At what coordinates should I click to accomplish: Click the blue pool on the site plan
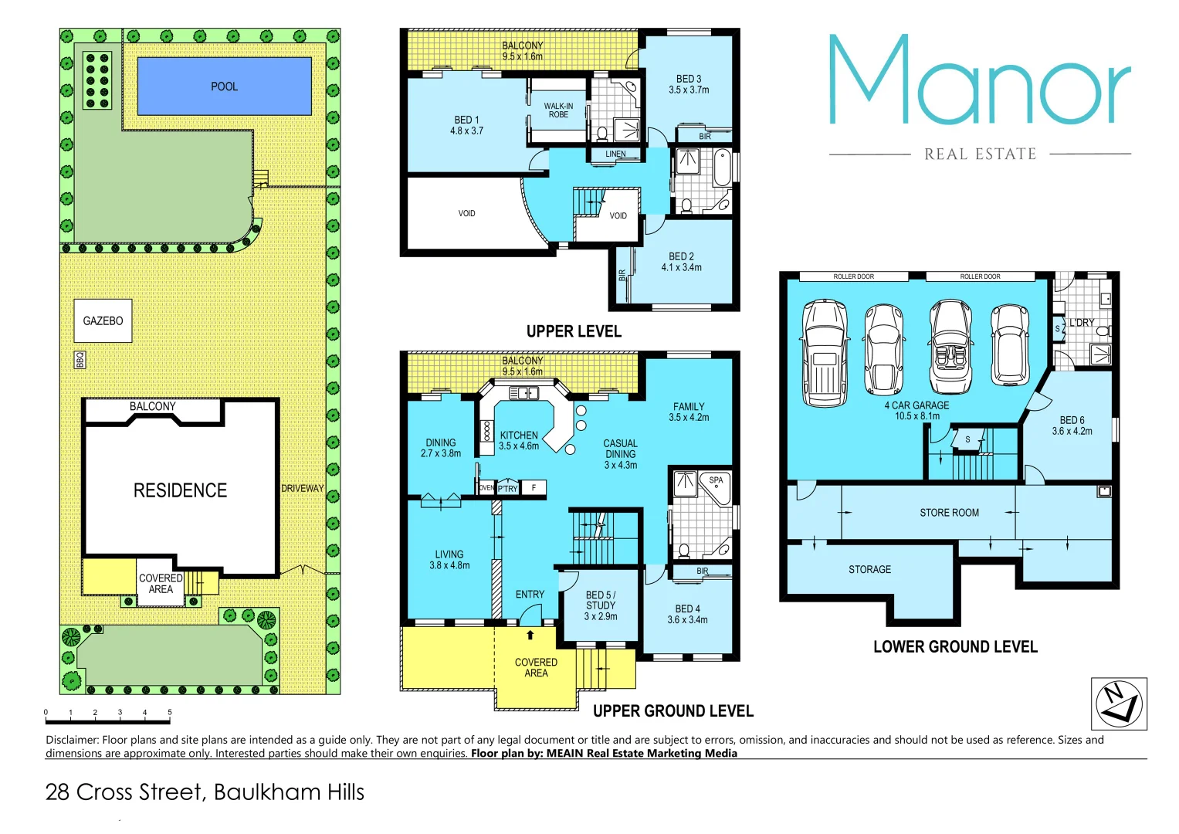coord(224,86)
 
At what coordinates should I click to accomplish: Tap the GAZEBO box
coord(103,320)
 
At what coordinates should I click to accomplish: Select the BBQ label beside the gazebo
coord(80,359)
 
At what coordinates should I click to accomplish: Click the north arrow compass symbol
coord(1118,703)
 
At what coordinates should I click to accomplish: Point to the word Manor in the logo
coord(979,81)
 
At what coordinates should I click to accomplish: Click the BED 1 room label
coord(466,125)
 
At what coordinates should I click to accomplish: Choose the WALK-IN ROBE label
coord(558,110)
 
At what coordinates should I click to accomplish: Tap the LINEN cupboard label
coord(615,154)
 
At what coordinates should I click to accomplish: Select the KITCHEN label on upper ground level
coord(519,440)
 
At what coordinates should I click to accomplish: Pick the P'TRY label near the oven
coord(507,488)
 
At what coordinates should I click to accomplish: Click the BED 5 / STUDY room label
coord(601,605)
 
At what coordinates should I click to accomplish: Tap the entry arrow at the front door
coord(530,635)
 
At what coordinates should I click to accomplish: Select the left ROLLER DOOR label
coord(853,276)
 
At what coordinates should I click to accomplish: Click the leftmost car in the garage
coord(825,353)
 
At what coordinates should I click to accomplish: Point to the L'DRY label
coord(1082,322)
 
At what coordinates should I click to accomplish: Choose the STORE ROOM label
coord(949,513)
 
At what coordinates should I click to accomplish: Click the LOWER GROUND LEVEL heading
coord(955,647)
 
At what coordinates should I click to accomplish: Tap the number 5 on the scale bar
coord(169,712)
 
